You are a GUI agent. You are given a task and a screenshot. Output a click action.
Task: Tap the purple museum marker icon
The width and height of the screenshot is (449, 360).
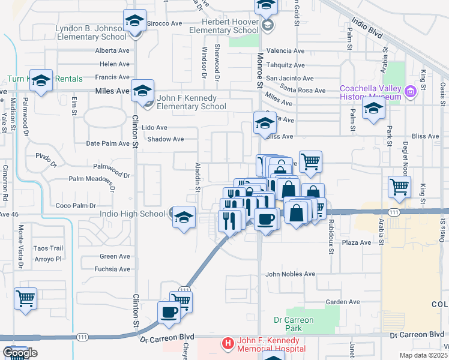411,92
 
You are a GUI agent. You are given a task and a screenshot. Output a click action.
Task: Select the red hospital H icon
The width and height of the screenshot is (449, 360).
228,344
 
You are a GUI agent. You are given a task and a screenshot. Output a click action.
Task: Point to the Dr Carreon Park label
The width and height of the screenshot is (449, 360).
294,324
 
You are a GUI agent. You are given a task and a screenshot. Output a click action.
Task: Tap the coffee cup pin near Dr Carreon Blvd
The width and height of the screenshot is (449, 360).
169,311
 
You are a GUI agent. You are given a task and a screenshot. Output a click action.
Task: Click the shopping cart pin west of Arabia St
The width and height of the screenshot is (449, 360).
399,187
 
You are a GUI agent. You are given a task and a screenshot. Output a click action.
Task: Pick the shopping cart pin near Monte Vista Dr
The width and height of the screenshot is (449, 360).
26,298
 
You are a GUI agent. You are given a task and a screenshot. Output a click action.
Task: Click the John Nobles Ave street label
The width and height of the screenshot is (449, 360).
291,274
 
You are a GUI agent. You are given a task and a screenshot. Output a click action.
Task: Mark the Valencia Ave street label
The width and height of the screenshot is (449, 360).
286,51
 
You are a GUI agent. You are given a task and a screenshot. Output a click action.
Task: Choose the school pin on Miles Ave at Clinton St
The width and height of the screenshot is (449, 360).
142,91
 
